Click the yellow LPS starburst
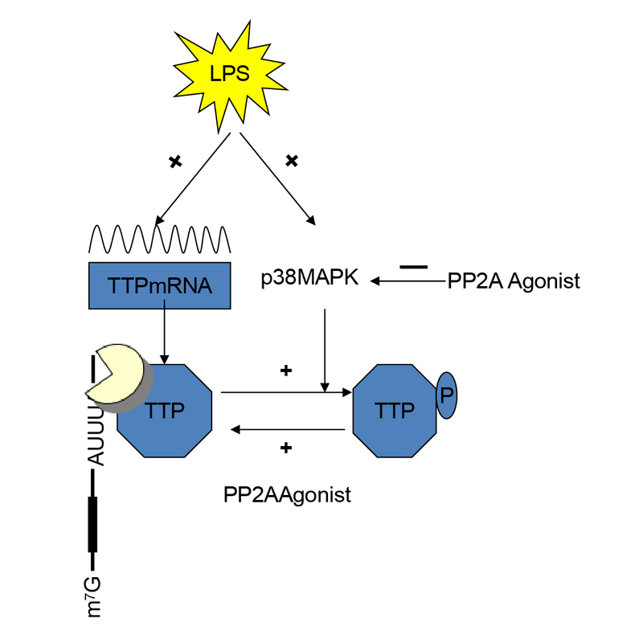(230, 76)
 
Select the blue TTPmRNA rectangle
(159, 285)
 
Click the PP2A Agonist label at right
(514, 281)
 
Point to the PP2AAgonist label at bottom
(287, 495)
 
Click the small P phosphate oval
(447, 395)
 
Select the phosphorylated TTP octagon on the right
(395, 411)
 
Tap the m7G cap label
(94, 596)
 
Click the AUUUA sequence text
(96, 436)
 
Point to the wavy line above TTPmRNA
(159, 239)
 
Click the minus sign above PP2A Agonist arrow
(414, 267)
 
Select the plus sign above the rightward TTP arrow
(286, 371)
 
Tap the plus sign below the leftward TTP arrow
(286, 448)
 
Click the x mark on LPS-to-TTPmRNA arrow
(175, 162)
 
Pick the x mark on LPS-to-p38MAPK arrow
(292, 160)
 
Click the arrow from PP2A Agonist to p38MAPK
(408, 281)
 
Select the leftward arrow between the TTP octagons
(288, 430)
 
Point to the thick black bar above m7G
(92, 525)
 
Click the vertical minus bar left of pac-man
(93, 368)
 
